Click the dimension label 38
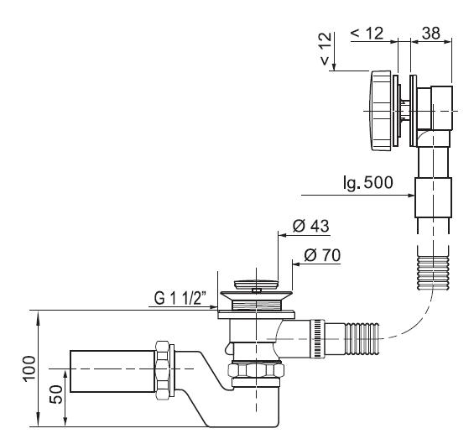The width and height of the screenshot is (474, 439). [x=431, y=33]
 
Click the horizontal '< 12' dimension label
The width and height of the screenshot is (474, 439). [x=367, y=33]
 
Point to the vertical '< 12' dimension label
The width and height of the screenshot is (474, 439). [x=326, y=49]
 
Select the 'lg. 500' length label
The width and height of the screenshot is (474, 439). [x=368, y=182]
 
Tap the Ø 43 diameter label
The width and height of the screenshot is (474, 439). [x=310, y=226]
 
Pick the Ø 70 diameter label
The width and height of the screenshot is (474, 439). [x=322, y=255]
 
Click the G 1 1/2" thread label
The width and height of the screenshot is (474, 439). [x=180, y=298]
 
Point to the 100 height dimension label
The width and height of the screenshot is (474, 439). [x=29, y=368]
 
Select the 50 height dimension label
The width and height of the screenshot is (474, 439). [x=56, y=395]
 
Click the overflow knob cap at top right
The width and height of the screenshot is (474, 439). [x=382, y=111]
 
